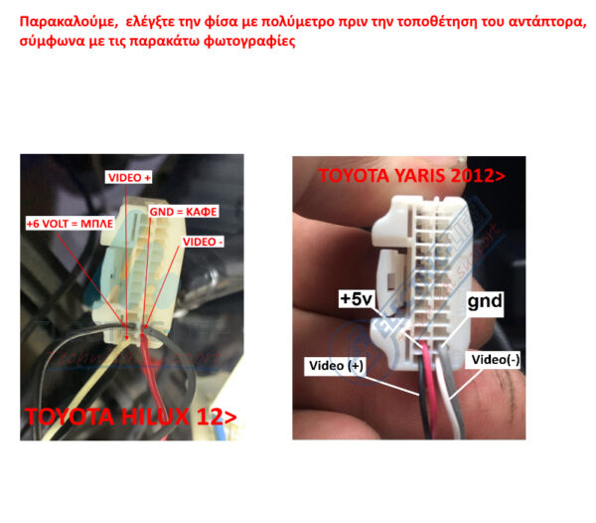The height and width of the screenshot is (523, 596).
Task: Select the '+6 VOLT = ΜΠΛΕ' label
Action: (67, 225)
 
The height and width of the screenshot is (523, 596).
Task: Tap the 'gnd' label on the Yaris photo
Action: (486, 299)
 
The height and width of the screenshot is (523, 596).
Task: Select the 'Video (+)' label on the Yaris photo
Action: (334, 366)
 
